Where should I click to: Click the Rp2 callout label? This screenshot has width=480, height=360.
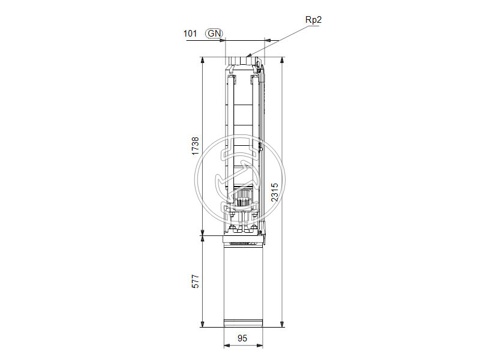(314, 20)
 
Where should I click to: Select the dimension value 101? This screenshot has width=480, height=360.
(190, 34)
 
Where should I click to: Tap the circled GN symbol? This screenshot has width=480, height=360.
(214, 34)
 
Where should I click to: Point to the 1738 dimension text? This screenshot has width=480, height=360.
(195, 146)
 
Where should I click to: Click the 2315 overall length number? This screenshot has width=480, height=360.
(274, 193)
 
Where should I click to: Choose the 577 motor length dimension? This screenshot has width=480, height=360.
(195, 282)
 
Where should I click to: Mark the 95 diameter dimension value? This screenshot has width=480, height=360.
(242, 338)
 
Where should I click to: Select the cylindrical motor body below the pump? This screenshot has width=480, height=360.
(242, 282)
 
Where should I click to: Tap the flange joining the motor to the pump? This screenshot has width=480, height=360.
(242, 239)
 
